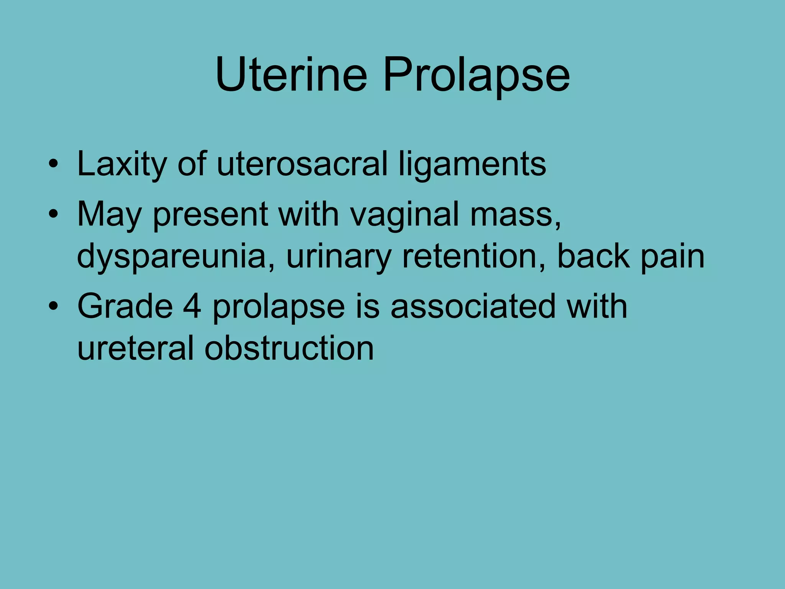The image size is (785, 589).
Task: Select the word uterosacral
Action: coord(302,164)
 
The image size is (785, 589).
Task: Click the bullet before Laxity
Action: coord(53,165)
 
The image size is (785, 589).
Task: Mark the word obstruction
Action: coord(289,348)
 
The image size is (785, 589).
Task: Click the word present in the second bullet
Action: coord(210,215)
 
